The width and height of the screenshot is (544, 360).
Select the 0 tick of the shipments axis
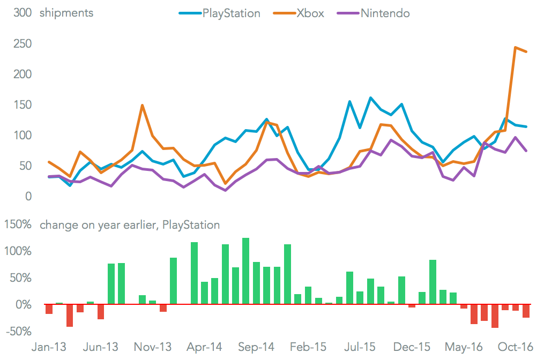(28, 197)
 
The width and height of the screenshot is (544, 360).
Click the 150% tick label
(18, 225)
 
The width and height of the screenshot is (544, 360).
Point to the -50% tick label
(18, 332)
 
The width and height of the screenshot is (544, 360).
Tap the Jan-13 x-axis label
(49, 347)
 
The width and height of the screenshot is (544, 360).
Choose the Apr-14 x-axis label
(204, 347)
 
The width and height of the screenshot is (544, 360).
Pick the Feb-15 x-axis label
(308, 347)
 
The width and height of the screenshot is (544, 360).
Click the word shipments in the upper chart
(66, 13)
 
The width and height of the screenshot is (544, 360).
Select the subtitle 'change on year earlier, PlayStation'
(130, 225)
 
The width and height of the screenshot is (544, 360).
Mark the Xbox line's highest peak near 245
(515, 47)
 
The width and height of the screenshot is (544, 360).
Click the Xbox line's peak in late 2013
(142, 105)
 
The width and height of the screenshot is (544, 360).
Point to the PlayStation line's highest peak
(370, 97)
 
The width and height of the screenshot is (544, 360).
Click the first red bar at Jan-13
(49, 309)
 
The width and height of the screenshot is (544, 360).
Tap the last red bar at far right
(526, 311)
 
